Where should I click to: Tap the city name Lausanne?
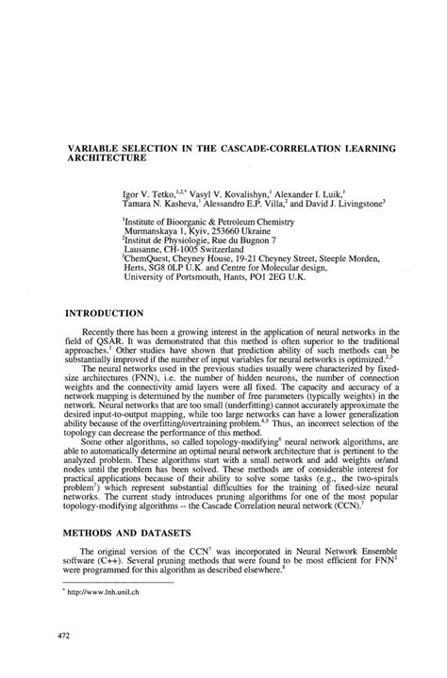pyautogui.click(x=148, y=250)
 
